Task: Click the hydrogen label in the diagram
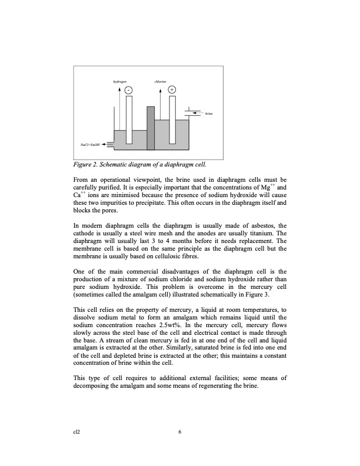click(x=119, y=81)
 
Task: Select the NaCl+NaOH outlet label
click(x=89, y=144)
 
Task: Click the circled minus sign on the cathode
click(x=128, y=89)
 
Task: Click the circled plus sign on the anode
click(x=171, y=89)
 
